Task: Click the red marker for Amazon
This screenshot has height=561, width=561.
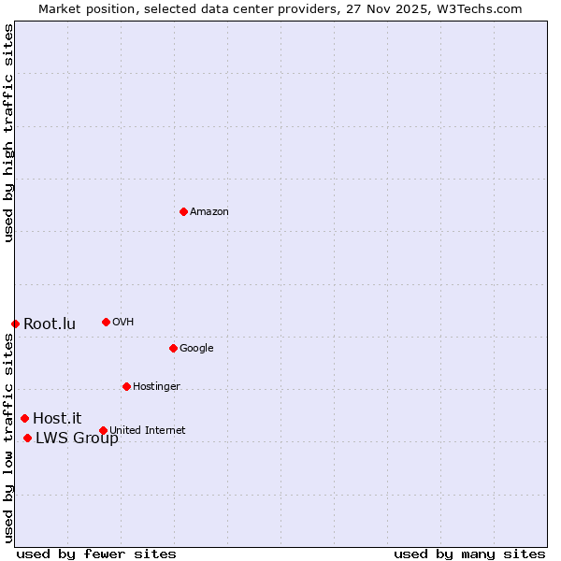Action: (x=183, y=211)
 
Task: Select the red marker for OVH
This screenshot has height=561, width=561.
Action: (x=106, y=322)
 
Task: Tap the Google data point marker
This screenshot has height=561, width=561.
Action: (x=173, y=348)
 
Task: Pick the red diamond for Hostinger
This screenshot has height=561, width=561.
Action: (x=126, y=386)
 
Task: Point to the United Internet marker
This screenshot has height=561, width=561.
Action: (x=103, y=430)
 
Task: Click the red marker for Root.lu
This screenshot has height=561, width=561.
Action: (x=15, y=324)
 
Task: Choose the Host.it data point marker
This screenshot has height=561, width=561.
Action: (x=24, y=418)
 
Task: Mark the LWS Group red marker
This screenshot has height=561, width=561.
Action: (x=27, y=438)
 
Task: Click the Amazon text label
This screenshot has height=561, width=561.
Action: (x=209, y=212)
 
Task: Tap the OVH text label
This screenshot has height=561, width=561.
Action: (x=122, y=323)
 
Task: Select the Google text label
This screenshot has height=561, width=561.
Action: (x=196, y=349)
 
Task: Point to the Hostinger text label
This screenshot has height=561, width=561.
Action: (x=156, y=387)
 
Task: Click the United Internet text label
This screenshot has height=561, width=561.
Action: (x=148, y=431)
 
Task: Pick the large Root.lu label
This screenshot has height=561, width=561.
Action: (x=50, y=324)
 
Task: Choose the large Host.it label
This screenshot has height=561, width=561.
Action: (x=57, y=419)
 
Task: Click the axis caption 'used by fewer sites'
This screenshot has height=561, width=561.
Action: (x=96, y=554)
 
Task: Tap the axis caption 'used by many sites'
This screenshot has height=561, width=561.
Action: (x=469, y=554)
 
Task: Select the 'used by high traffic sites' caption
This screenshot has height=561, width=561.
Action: (x=8, y=133)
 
